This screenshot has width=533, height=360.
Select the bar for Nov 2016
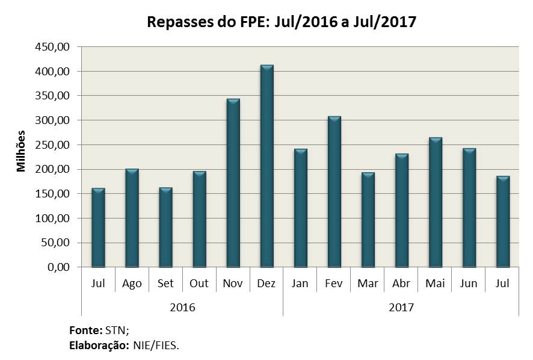pyautogui.click(x=233, y=183)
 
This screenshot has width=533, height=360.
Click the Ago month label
pyautogui.click(x=132, y=284)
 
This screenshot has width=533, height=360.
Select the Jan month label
pyautogui.click(x=300, y=284)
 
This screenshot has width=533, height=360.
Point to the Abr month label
pyautogui.click(x=401, y=284)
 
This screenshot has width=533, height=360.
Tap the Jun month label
pyautogui.click(x=469, y=284)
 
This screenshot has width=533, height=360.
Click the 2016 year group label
pyautogui.click(x=182, y=307)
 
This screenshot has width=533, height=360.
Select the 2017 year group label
pyautogui.click(x=401, y=307)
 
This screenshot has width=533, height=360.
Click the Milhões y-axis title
pyautogui.click(x=22, y=151)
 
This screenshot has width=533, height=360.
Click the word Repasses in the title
pyautogui.click(x=178, y=22)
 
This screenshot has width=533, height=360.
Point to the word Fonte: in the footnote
pyautogui.click(x=86, y=331)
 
